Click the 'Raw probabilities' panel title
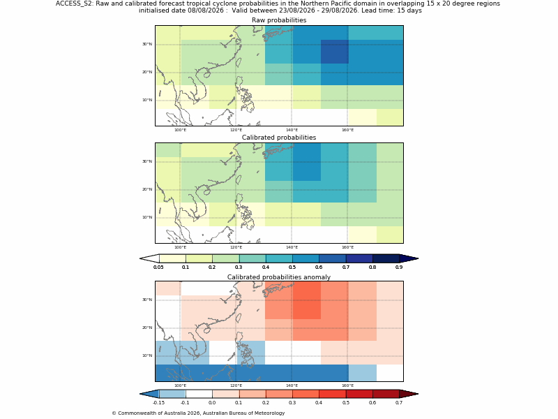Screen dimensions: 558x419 [279, 20]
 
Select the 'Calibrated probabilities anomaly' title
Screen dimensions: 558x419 [279, 277]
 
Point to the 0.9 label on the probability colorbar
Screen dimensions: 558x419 [399, 267]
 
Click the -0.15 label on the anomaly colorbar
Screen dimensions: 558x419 [158, 403]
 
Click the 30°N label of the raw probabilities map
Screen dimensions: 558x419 [147, 44]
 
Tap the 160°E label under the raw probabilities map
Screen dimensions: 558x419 [347, 130]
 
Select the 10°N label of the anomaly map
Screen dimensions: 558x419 [147, 355]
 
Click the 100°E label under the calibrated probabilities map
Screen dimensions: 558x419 [180, 247]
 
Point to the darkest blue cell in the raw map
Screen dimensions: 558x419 [335, 52]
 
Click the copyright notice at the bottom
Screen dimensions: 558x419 [198, 413]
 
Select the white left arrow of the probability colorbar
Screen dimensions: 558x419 [149, 258]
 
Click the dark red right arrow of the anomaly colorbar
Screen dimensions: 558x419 [409, 394]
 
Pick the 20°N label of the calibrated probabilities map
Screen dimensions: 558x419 [147, 189]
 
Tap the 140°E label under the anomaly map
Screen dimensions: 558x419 [292, 385]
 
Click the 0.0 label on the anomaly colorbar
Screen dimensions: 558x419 [212, 403]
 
